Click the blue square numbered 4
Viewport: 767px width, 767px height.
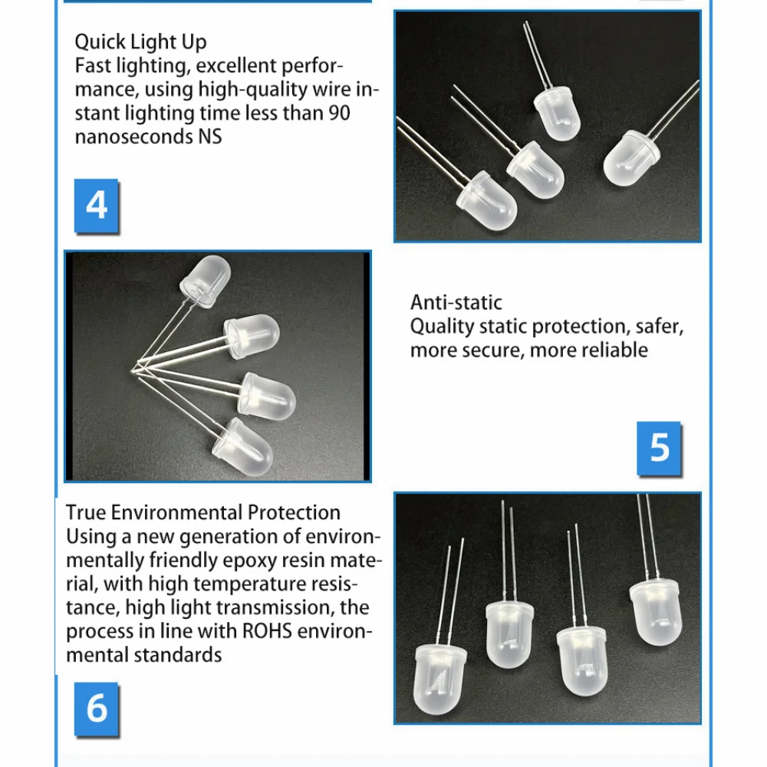coord(97,206)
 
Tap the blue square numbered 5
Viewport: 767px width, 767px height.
coord(659,448)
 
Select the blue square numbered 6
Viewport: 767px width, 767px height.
coord(97,709)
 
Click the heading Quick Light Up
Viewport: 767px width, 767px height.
coord(141,42)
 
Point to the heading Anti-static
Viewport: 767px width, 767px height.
coord(456,303)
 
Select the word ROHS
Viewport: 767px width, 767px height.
coord(267,631)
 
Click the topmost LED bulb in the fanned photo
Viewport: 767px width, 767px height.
coord(206,281)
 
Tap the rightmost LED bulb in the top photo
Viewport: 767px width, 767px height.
coord(631,158)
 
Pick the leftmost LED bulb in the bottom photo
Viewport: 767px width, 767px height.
coord(439,679)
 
